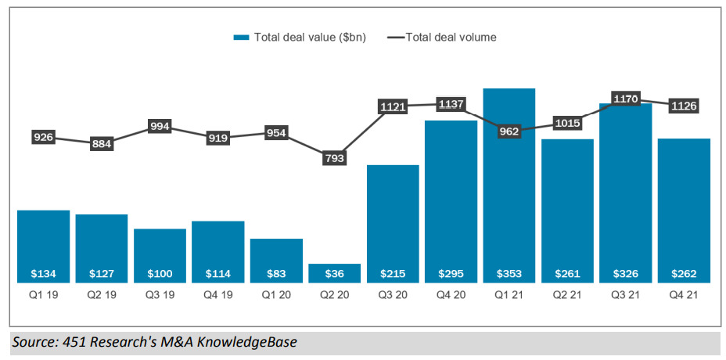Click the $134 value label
click(43, 274)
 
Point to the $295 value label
click(451, 274)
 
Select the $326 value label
click(625, 274)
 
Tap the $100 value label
click(160, 274)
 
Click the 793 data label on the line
click(334, 158)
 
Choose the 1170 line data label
click(625, 99)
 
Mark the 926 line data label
click(43, 138)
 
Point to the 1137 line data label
click(451, 103)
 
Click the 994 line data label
click(160, 126)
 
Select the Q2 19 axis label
click(101, 295)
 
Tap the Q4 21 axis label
click(683, 295)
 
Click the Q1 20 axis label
click(276, 295)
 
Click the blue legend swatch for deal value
click(241, 37)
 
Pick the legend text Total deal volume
click(451, 37)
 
